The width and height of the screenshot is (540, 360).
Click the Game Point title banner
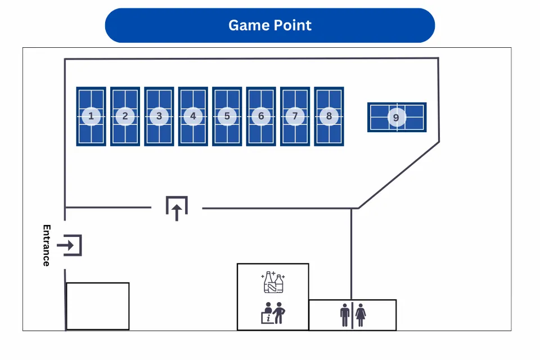click(270, 25)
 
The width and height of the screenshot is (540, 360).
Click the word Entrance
click(47, 245)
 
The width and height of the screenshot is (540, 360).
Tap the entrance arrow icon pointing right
click(70, 245)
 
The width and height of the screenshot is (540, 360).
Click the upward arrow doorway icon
click(177, 208)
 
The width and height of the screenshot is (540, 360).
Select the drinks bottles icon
click(273, 282)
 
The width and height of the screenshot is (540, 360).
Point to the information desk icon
click(273, 312)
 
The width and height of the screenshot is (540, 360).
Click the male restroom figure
click(345, 315)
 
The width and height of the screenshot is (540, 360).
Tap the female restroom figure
click(360, 315)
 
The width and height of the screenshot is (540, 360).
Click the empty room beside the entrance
click(98, 306)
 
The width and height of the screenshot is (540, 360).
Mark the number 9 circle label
click(397, 118)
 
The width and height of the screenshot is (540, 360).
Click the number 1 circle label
click(91, 116)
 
